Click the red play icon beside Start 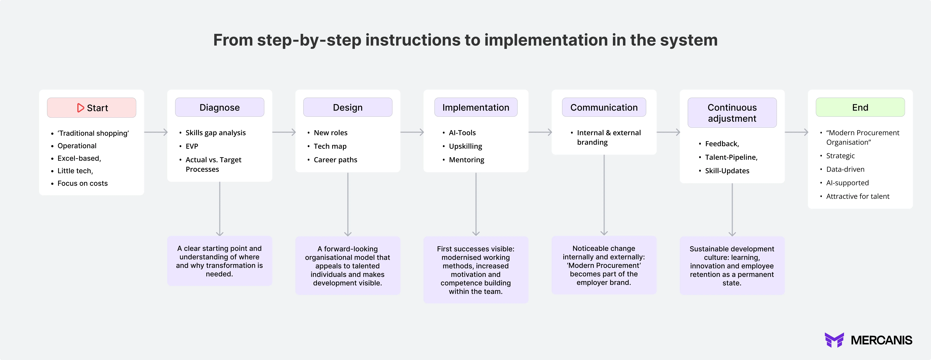click(80, 108)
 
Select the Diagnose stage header click(219, 107)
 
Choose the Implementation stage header click(476, 107)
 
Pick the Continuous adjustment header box click(732, 113)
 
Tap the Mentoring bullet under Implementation click(466, 160)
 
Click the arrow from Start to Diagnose click(156, 132)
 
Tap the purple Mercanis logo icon click(834, 340)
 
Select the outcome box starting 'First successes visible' click(476, 270)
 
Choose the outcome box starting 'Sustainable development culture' click(732, 266)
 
